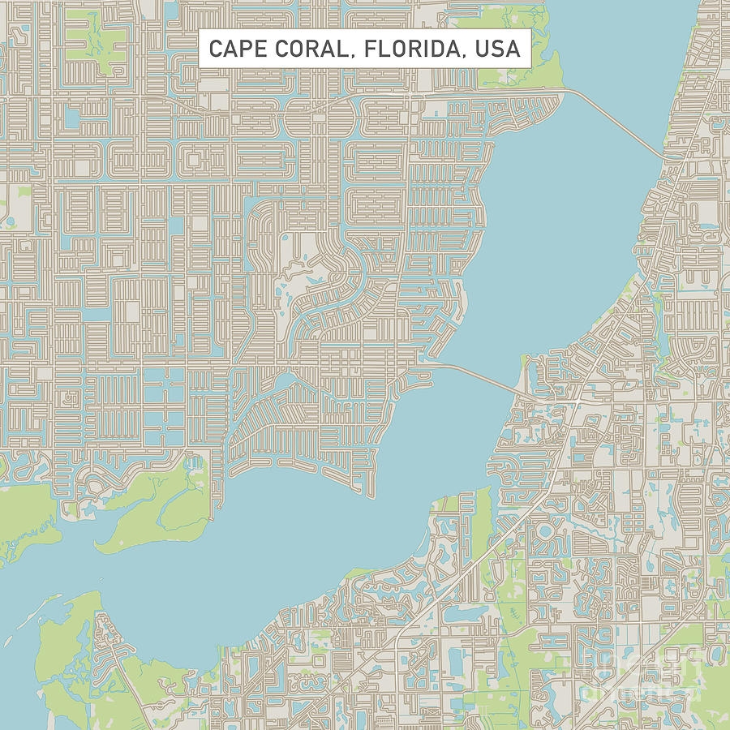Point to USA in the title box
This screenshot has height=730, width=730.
pyautogui.click(x=498, y=49)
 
